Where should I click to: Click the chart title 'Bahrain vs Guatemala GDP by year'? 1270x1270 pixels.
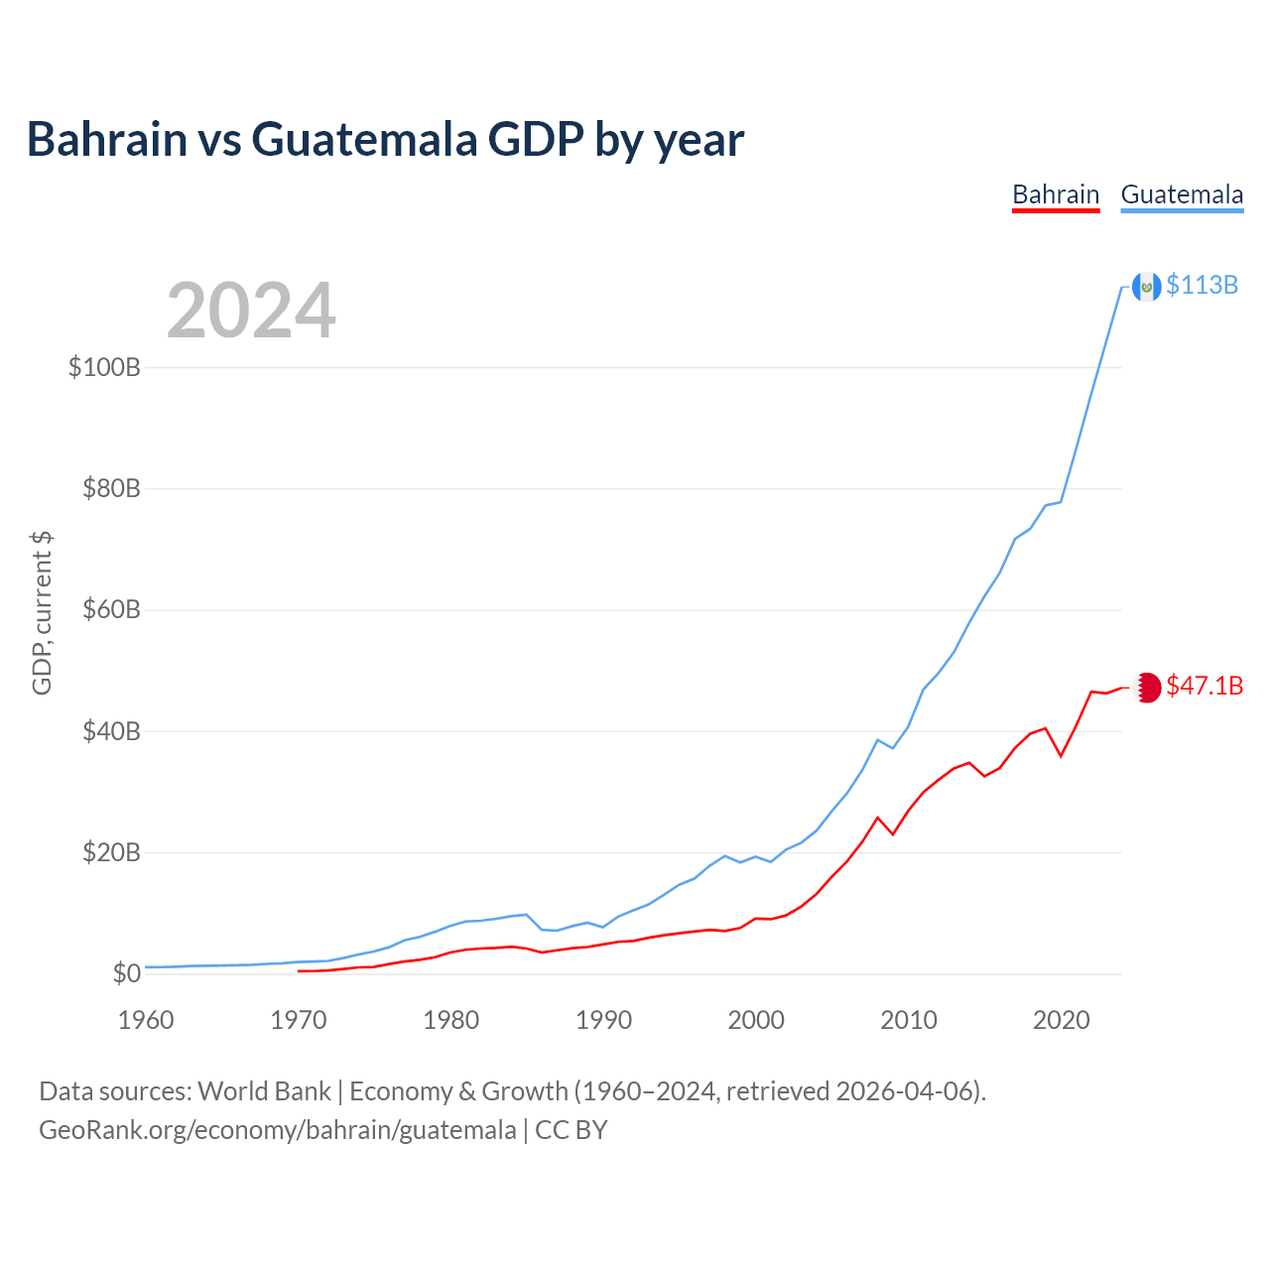385,140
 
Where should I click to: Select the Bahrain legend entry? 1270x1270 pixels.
1056,194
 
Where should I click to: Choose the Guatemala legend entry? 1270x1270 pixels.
1182,194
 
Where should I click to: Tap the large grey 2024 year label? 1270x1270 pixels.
251,311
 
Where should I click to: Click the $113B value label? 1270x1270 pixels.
1202,286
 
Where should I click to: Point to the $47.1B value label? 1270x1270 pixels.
1205,687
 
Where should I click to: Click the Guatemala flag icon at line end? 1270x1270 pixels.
1146,287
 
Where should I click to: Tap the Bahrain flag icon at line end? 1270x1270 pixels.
1147,687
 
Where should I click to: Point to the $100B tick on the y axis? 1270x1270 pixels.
104,368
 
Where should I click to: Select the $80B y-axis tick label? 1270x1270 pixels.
110,489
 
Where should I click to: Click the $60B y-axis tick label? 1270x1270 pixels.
110,610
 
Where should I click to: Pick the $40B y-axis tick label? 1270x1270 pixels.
110,732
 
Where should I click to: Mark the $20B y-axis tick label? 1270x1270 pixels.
110,853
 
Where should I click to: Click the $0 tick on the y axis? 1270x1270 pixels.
126,974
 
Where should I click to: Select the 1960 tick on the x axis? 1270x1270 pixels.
146,1020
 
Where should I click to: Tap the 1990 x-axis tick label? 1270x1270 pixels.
603,1020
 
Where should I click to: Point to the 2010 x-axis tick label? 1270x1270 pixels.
909,1020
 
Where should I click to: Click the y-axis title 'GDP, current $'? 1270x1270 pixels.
42,612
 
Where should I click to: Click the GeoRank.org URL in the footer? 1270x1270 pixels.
277,1130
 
